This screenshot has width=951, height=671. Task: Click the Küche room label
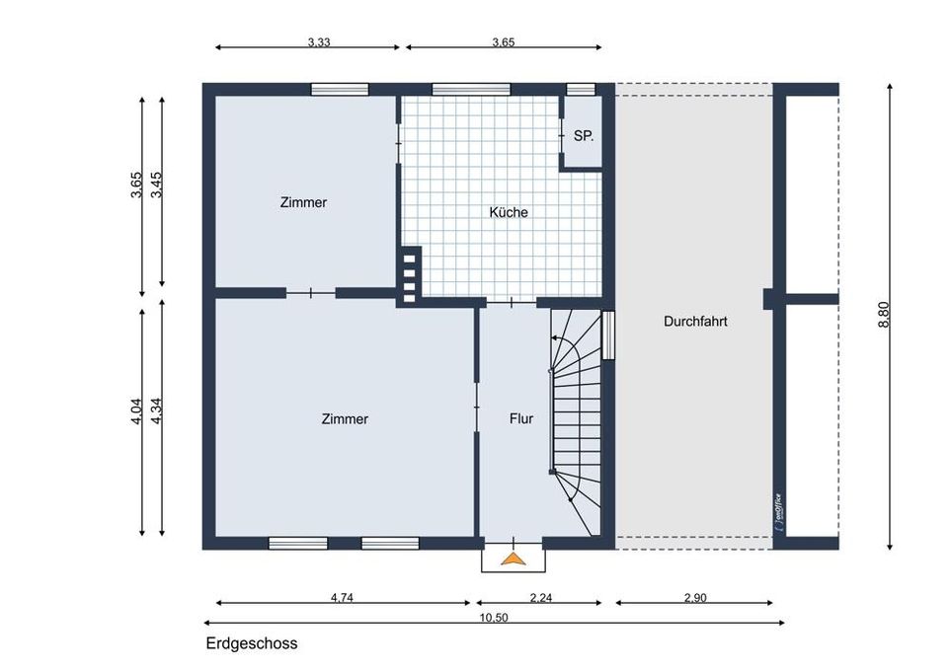pos(509,212)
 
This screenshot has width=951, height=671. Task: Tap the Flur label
pos(521,418)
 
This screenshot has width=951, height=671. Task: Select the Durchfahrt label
pos(695,321)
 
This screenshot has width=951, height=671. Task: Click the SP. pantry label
pos(584,136)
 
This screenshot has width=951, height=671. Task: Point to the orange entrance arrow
pos(513,559)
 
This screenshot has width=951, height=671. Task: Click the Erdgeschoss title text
pos(252,643)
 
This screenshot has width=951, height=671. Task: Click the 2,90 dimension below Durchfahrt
pos(695,596)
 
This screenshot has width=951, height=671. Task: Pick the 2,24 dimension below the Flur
pos(539,596)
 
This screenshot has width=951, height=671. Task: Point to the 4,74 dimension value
pos(343,596)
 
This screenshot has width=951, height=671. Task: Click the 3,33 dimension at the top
pos(318,42)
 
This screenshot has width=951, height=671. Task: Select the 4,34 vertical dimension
pos(155,410)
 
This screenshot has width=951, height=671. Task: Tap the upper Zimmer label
pos(303,202)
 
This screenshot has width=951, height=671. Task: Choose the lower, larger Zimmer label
pos(345,418)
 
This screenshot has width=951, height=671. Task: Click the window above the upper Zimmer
pos(339,89)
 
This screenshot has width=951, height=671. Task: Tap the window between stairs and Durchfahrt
pos(608,335)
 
